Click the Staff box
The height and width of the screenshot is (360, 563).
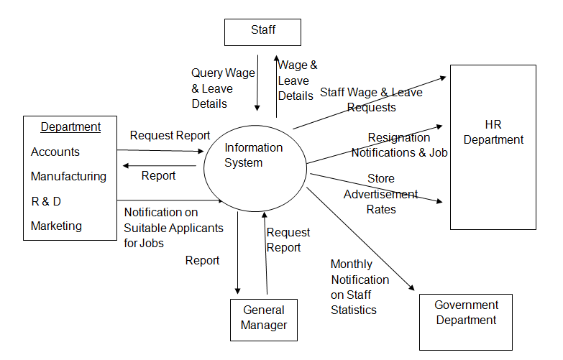262,32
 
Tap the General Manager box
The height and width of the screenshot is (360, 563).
263,318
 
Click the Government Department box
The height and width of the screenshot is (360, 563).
466,321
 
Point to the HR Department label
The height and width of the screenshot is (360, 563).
493,131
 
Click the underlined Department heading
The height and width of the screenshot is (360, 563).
70,127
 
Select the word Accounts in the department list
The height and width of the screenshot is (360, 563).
55,152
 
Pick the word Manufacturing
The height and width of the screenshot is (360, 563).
68,176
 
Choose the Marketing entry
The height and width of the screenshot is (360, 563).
56,226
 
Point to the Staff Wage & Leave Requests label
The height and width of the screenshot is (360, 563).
371,100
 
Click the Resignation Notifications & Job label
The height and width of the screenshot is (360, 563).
399,144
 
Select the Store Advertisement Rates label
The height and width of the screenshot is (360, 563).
380,193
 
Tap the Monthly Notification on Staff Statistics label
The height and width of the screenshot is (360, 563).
360,287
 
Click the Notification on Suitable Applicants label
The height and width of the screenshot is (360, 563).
173,227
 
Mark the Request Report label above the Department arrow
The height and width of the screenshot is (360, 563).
170,135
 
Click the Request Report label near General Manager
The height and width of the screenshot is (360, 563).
288,240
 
